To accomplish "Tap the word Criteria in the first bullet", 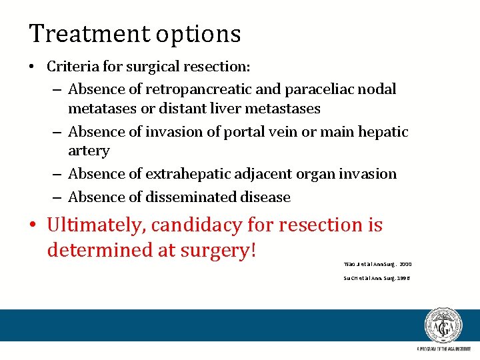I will (x=71, y=67).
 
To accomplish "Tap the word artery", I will (x=89, y=151).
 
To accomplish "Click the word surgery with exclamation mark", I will (x=216, y=251).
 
